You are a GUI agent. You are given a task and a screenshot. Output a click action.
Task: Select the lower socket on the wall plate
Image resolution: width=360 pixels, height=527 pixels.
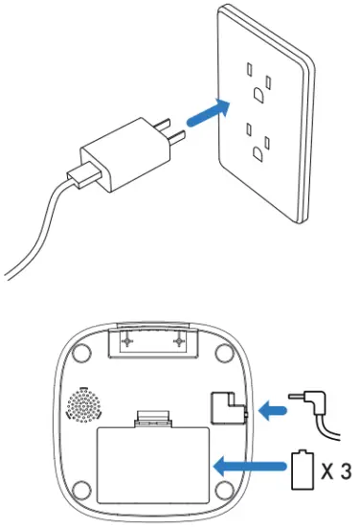tap(258, 143)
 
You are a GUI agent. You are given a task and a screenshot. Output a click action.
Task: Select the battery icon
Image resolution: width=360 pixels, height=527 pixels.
tap(303, 470)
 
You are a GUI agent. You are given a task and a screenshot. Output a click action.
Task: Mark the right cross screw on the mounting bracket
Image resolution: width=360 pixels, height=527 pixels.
tap(179, 341)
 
